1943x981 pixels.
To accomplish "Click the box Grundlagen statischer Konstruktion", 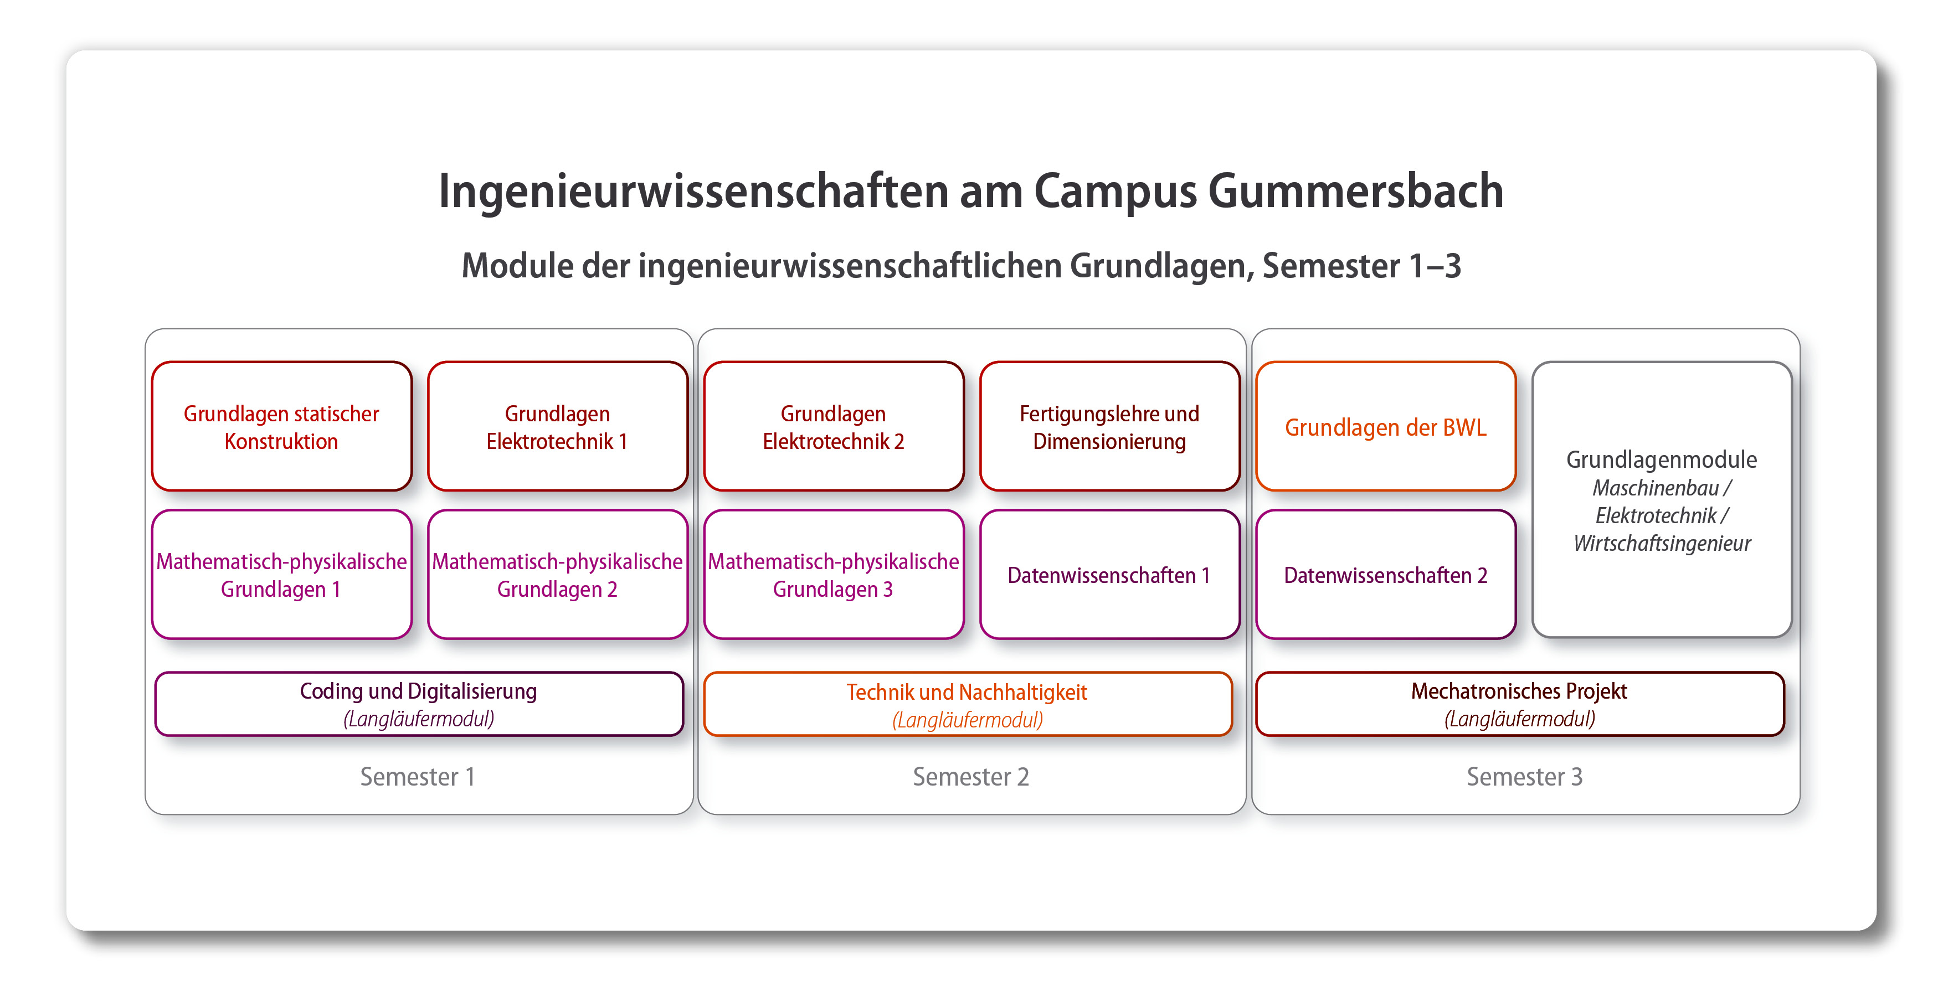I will [281, 427].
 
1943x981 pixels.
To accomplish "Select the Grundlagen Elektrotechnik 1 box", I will [557, 427].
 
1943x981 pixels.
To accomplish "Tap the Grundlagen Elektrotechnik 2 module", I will [834, 427].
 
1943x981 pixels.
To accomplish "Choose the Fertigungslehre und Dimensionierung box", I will [1109, 427].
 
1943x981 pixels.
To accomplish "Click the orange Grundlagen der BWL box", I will [1386, 427].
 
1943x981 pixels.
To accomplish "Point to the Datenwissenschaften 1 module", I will [1109, 575].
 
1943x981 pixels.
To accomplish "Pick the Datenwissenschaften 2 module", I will [1386, 575].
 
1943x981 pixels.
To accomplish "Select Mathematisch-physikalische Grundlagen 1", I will [281, 575].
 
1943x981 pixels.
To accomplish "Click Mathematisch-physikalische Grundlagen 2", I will [557, 575].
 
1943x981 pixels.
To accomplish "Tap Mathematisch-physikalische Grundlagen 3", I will [834, 575].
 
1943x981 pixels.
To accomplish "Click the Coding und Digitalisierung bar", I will [419, 704].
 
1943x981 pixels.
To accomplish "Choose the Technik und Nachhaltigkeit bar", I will [967, 704].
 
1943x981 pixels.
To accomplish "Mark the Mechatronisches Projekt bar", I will [1519, 704].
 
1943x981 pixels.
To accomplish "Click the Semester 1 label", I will [417, 777].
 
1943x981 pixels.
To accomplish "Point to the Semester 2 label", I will [971, 777].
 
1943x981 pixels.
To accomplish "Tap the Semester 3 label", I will [1524, 777].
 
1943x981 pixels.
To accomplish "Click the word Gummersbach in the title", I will [1355, 191].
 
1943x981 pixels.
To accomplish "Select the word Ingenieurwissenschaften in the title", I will [692, 191].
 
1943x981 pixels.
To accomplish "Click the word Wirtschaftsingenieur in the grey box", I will [1662, 543].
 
